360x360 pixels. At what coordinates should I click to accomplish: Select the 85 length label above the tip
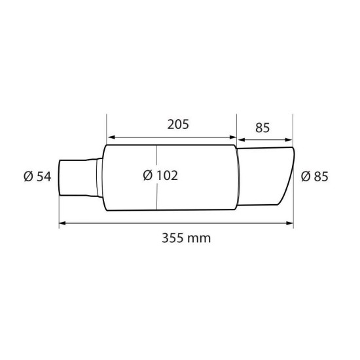pyautogui.click(x=262, y=127)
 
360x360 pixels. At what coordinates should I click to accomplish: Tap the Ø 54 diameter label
pyautogui.click(x=37, y=176)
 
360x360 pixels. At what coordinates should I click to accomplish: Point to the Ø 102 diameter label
pyautogui.click(x=160, y=175)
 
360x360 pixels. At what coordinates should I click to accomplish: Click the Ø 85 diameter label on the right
pyautogui.click(x=314, y=176)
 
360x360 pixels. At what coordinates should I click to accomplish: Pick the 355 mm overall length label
pyautogui.click(x=186, y=238)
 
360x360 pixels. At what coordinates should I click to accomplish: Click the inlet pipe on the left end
pyautogui.click(x=77, y=177)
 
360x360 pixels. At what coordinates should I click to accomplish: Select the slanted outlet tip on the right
pyautogui.click(x=265, y=175)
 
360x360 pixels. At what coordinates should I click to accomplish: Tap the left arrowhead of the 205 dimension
pyautogui.click(x=110, y=137)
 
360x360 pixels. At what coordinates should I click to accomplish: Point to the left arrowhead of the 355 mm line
pyautogui.click(x=62, y=224)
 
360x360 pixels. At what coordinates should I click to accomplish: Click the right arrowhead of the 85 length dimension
pyautogui.click(x=289, y=138)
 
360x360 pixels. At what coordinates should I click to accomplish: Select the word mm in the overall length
pyautogui.click(x=201, y=238)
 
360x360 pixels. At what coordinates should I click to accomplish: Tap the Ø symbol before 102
pyautogui.click(x=147, y=175)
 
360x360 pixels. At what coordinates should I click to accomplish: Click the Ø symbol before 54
pyautogui.click(x=28, y=176)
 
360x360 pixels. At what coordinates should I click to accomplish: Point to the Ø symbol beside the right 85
pyautogui.click(x=306, y=176)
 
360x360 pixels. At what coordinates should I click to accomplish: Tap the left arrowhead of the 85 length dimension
pyautogui.click(x=240, y=139)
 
